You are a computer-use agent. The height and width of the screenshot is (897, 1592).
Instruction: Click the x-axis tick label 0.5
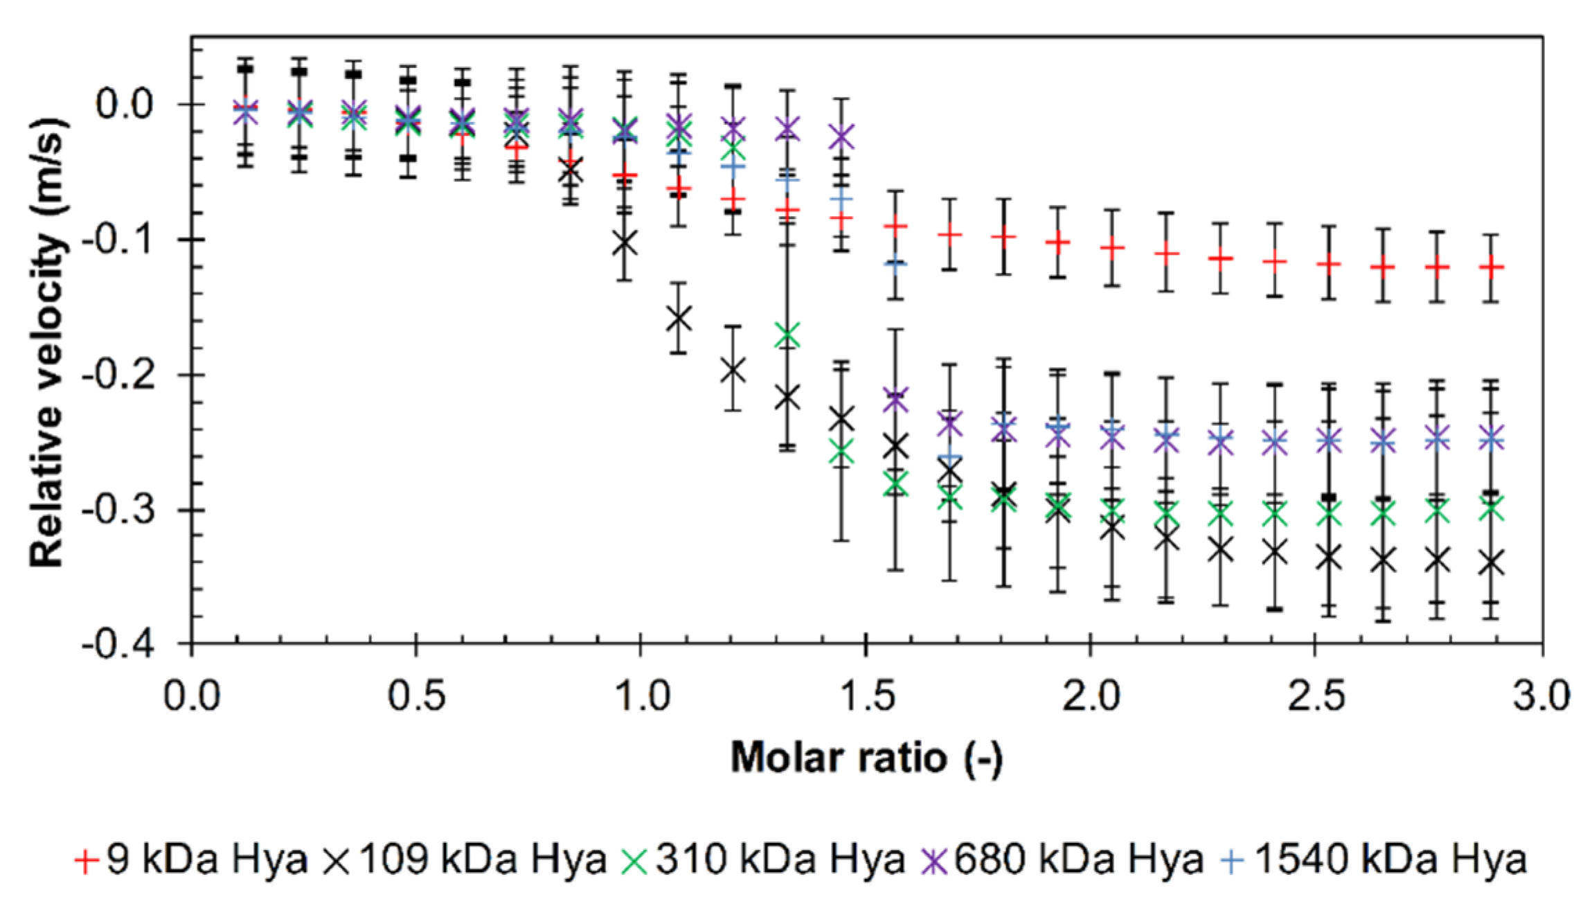416,695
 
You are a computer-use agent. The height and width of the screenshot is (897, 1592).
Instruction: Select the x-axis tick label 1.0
641,695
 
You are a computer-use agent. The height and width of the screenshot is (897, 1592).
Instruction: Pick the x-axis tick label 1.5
866,695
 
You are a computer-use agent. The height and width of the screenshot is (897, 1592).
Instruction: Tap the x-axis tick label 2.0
1091,695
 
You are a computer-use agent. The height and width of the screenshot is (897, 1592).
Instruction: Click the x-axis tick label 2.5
1316,695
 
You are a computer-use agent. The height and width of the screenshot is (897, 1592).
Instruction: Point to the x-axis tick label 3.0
1541,695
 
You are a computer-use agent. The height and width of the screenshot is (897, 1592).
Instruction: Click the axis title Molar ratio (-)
866,757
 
